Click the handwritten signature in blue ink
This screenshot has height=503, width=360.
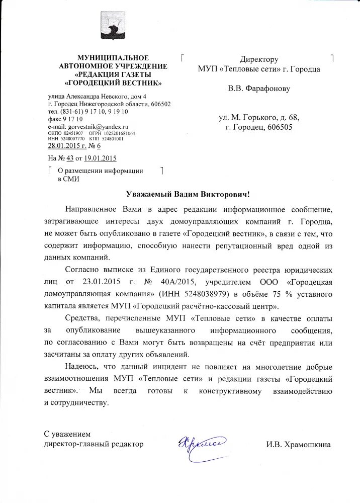200,443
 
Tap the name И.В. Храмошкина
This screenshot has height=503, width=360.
298,445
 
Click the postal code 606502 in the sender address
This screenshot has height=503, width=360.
159,104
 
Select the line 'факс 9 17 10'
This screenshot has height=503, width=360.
65,119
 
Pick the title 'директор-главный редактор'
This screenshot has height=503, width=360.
94,444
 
